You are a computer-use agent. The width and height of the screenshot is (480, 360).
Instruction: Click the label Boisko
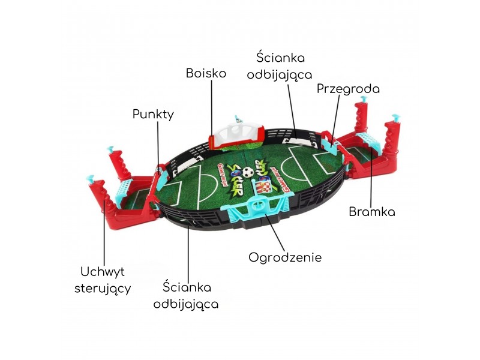tap(206, 73)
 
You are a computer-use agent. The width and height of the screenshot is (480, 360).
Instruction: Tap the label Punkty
tap(153, 114)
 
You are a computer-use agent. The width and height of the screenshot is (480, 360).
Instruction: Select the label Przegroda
tap(348, 89)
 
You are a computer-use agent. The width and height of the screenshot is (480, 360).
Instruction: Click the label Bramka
tap(372, 212)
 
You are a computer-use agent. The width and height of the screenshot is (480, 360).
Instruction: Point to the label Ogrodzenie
tap(285, 257)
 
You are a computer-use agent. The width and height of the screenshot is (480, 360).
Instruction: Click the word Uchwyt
tap(103, 272)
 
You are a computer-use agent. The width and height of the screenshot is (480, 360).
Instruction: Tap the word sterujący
tap(103, 287)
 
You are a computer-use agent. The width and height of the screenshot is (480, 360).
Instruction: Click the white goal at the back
tap(236, 132)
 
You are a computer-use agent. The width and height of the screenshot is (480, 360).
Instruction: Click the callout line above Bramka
tap(371, 174)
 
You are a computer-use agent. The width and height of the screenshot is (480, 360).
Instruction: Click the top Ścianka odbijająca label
tap(280, 67)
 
